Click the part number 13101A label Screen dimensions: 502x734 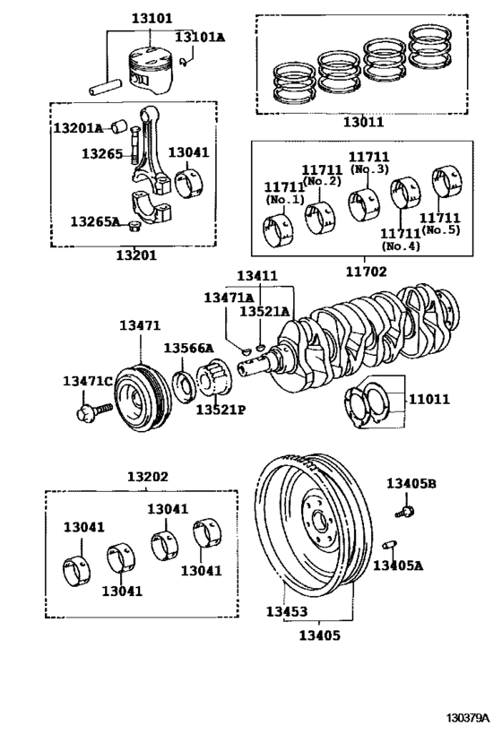[x=200, y=37]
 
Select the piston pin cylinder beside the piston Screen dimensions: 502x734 [x=106, y=87]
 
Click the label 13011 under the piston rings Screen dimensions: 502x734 [x=363, y=122]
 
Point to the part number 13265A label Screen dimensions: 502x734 [x=95, y=221]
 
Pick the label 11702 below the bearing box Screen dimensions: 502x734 [x=367, y=272]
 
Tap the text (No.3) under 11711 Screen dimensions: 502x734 [x=368, y=169]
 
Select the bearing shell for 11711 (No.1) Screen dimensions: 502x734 [x=278, y=230]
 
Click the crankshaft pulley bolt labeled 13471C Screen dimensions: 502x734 [x=93, y=411]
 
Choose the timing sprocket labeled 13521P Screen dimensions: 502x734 [x=213, y=380]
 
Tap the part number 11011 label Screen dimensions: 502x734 [x=429, y=400]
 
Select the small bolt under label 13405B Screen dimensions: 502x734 [x=404, y=511]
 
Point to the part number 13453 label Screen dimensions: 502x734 [x=287, y=611]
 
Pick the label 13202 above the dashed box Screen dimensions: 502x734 [x=148, y=477]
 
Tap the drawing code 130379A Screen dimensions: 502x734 [x=467, y=718]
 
